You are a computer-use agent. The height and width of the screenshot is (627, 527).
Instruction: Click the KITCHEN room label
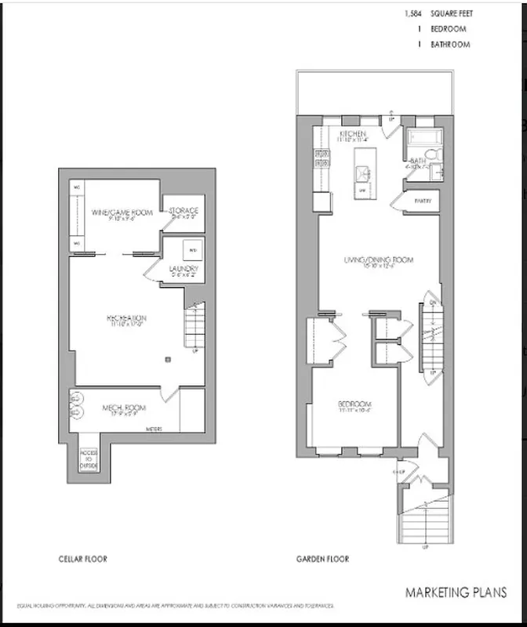coord(352,135)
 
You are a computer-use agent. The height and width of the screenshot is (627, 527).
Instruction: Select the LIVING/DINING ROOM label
coord(378,259)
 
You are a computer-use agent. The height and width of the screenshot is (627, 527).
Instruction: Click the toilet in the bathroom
coord(438,170)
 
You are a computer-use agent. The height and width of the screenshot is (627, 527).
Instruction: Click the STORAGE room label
coord(184,211)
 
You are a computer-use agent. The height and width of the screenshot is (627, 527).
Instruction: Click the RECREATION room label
coord(128,317)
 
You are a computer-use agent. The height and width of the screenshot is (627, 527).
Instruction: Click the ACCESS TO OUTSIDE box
coord(89,461)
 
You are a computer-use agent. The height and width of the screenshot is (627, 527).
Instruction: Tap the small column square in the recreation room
coord(167,359)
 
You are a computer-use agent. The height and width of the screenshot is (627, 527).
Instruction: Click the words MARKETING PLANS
coord(455,593)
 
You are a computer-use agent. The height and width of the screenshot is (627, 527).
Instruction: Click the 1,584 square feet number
coord(412,14)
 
